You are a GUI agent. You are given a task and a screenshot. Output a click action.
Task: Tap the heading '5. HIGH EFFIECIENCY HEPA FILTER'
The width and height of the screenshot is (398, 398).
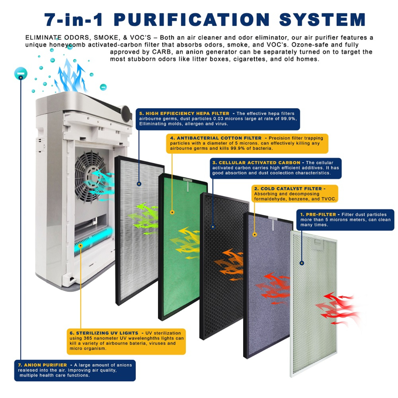point(184,113)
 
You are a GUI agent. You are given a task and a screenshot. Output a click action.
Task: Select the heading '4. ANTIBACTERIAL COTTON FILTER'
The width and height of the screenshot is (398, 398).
point(216,138)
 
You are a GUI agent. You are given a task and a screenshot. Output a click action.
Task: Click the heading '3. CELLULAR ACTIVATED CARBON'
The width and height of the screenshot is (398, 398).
point(256,163)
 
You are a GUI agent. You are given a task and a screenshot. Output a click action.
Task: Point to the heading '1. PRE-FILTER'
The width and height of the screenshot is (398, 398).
point(318,215)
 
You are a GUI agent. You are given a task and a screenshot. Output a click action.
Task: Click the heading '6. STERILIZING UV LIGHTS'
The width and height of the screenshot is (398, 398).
point(104,333)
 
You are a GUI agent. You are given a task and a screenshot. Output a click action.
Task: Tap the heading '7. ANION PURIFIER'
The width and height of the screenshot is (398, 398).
point(42,365)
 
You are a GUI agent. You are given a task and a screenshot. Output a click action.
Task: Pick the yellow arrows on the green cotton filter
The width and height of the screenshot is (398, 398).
point(188,243)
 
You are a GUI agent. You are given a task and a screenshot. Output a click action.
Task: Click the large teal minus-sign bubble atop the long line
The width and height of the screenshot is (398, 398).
point(21,74)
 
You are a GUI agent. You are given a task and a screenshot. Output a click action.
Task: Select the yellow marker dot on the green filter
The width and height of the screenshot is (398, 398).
point(172,212)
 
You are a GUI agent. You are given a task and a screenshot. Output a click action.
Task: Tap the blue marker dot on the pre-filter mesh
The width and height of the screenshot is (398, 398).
point(302,263)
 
